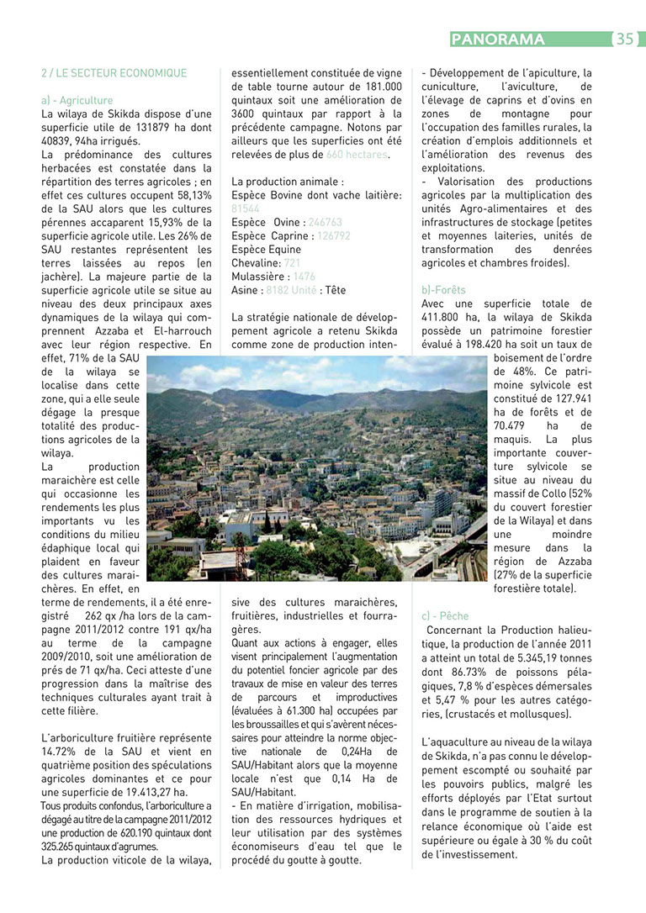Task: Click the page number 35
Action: (x=624, y=39)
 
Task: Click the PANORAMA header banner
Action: (x=498, y=39)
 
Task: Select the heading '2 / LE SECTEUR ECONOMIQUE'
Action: (x=114, y=73)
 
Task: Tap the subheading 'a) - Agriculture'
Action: (x=77, y=100)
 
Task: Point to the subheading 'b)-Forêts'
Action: (x=443, y=290)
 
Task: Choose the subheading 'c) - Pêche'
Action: (x=445, y=616)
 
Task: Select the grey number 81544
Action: (x=246, y=208)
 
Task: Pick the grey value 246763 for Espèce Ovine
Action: (x=326, y=223)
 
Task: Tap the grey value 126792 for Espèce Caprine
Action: (x=333, y=236)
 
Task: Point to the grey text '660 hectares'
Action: (x=357, y=155)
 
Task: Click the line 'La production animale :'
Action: (x=287, y=182)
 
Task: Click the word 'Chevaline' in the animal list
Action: (x=256, y=263)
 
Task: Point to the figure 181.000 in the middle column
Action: (x=382, y=87)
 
